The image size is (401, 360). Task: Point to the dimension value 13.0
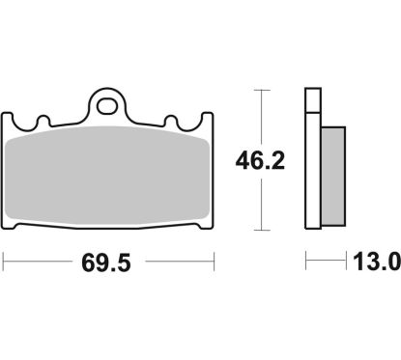tap(373, 262)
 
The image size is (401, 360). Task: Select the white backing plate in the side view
tap(311, 159)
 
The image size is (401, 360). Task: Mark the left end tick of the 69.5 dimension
tap(5, 262)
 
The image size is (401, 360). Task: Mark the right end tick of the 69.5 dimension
tap(213, 262)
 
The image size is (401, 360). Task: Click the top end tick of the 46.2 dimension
tap(260, 89)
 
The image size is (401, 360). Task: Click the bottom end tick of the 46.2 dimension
tap(260, 230)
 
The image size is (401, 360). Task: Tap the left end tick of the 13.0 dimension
tap(306, 262)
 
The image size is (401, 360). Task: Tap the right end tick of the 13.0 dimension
tap(347, 262)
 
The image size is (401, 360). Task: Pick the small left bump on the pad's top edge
tap(42, 121)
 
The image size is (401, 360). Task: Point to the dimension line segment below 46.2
tap(260, 203)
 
